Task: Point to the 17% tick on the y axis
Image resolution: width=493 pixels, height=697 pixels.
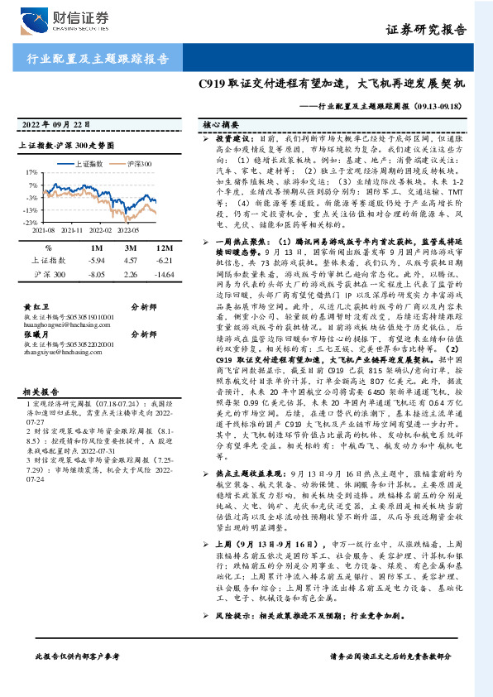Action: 31,173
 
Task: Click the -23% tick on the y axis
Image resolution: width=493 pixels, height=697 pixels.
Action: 30,223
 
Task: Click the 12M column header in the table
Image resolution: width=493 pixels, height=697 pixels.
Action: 163,248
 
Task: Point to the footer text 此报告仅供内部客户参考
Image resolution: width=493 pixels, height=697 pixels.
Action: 78,679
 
